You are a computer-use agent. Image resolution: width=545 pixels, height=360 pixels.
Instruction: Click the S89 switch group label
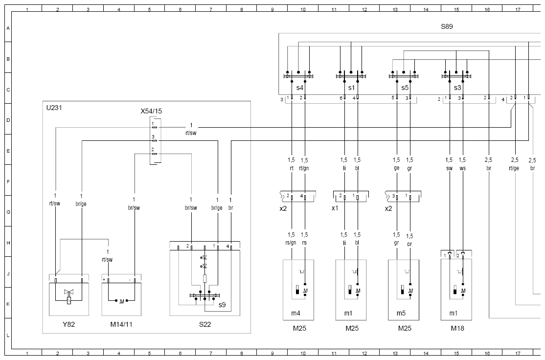(447, 26)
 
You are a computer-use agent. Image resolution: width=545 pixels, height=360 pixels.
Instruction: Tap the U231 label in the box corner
(54, 108)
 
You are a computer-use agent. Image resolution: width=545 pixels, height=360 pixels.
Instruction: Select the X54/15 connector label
(151, 111)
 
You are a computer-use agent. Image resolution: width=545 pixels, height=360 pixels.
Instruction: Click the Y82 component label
(68, 325)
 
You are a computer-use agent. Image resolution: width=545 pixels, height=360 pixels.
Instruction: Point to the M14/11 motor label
(121, 325)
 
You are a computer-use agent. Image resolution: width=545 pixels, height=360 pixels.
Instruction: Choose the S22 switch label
(204, 325)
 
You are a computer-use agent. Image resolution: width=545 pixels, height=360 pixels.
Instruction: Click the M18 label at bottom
(457, 328)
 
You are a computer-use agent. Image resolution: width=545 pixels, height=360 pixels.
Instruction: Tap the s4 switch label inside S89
(299, 88)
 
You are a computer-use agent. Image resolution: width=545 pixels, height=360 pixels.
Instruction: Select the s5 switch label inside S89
(405, 88)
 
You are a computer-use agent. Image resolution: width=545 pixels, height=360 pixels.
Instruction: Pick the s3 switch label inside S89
(457, 88)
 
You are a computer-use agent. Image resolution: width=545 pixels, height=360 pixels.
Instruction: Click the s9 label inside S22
(222, 305)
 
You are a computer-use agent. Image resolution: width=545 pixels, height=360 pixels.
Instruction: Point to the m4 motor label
(295, 314)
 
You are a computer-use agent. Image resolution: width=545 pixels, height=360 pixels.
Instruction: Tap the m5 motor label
(401, 314)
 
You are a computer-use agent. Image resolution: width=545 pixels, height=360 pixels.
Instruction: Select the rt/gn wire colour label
(304, 169)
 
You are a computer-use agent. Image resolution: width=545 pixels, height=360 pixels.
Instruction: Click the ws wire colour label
(462, 169)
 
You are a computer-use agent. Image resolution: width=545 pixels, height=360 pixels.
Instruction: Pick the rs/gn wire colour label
(291, 243)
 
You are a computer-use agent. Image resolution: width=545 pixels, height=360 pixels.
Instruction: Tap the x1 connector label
(335, 208)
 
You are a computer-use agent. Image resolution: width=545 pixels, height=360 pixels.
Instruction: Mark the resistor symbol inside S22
(204, 279)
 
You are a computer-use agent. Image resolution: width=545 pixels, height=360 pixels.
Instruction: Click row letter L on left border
(8, 336)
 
